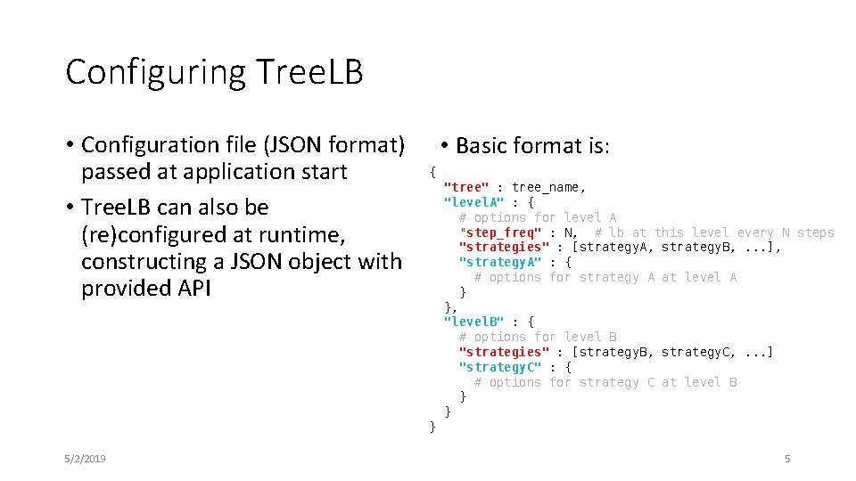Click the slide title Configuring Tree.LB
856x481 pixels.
click(x=214, y=72)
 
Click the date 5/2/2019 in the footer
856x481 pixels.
click(x=86, y=459)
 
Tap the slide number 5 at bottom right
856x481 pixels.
click(x=787, y=459)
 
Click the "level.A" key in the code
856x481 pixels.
click(x=474, y=202)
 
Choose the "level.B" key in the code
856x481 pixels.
click(x=474, y=322)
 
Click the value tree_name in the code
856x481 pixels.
click(x=548, y=187)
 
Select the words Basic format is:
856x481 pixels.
click(x=532, y=146)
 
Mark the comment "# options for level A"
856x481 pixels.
click(x=538, y=217)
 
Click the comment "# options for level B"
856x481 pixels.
click(x=538, y=337)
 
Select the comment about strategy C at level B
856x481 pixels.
click(x=605, y=382)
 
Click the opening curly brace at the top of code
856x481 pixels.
click(x=432, y=171)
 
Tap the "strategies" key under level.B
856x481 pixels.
click(x=504, y=352)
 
